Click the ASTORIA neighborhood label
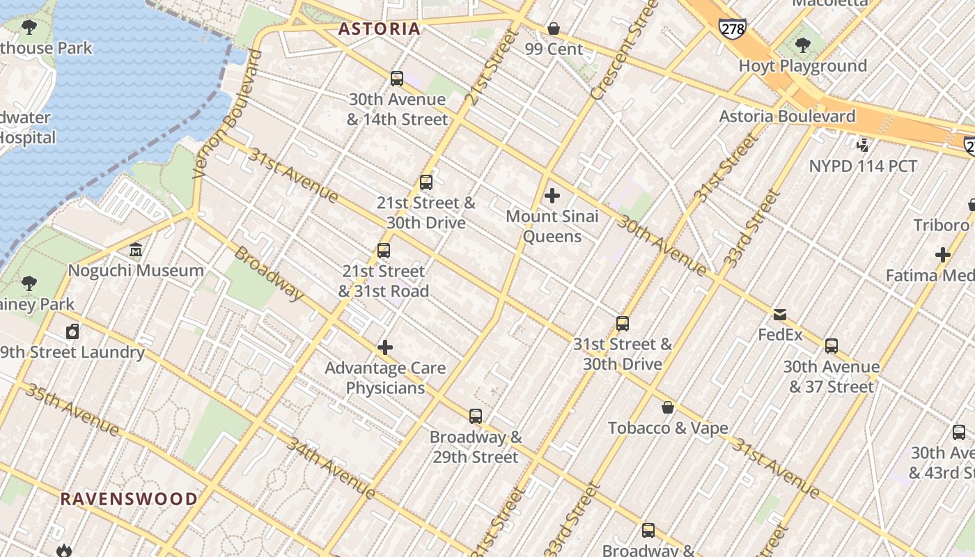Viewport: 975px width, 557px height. coord(380,29)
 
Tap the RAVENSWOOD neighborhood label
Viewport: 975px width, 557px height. coord(129,499)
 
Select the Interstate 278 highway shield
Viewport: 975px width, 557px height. coord(732,29)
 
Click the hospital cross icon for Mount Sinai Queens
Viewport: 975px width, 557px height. coord(552,196)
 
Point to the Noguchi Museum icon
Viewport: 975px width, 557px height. coord(136,250)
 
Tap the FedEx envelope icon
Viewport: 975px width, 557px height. coord(780,315)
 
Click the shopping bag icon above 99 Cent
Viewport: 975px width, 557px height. coord(554,29)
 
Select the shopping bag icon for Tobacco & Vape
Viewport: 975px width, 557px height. coord(668,407)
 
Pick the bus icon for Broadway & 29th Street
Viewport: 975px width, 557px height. coord(476,416)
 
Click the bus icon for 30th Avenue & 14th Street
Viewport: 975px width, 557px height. coord(397,79)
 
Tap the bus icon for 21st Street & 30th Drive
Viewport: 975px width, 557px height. coord(426,182)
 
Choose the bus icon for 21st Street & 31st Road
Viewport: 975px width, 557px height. coord(383,251)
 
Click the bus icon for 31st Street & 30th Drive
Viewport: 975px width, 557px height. coord(623,324)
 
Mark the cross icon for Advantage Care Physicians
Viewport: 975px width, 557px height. coord(385,347)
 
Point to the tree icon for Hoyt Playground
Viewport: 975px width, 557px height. coord(802,45)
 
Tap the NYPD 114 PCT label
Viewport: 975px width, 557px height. coord(863,166)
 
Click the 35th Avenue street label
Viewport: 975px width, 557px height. coord(72,408)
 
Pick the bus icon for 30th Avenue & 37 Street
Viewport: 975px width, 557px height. coord(831,346)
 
